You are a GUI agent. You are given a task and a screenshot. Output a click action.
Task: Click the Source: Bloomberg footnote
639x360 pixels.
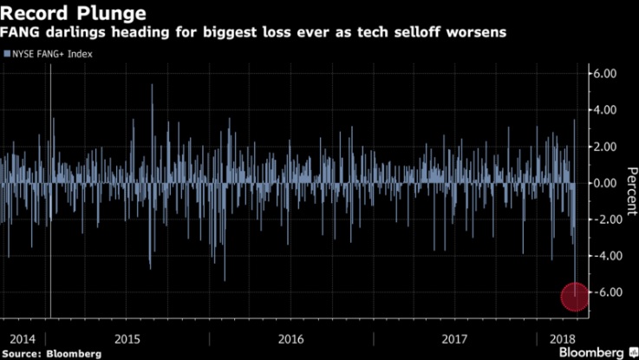point(51,353)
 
